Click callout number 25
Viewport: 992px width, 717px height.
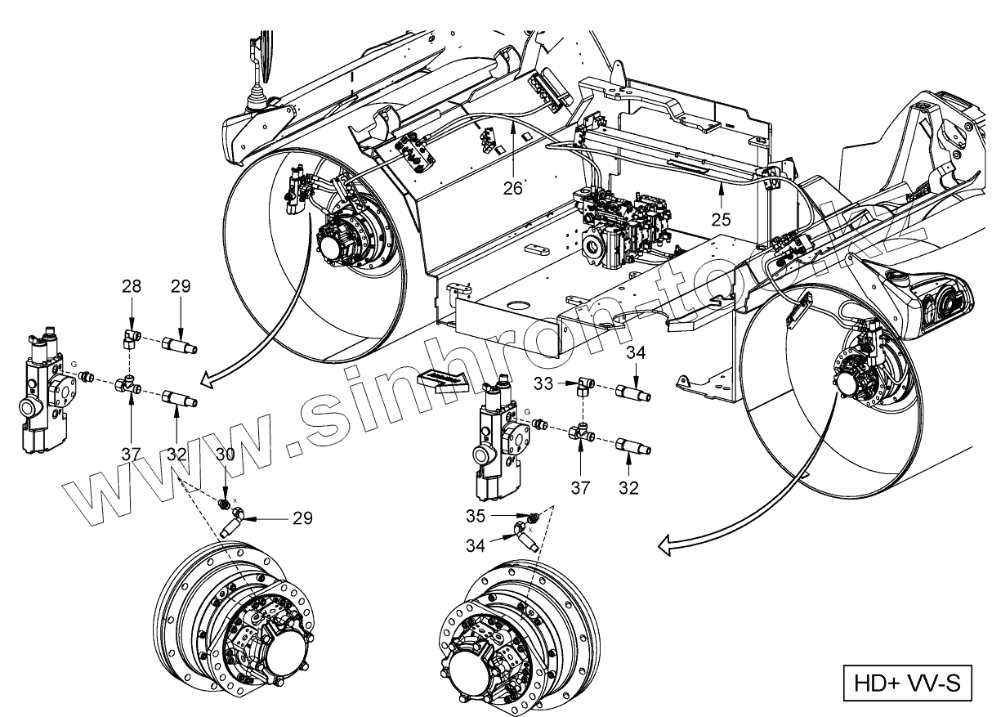(x=720, y=219)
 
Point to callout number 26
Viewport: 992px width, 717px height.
(x=512, y=189)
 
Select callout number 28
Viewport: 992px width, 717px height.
(x=132, y=286)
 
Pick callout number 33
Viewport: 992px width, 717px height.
(x=543, y=383)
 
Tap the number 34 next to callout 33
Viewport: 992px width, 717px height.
(x=637, y=353)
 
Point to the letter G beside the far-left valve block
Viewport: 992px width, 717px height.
(x=74, y=364)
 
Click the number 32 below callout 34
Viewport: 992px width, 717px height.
(x=628, y=489)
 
